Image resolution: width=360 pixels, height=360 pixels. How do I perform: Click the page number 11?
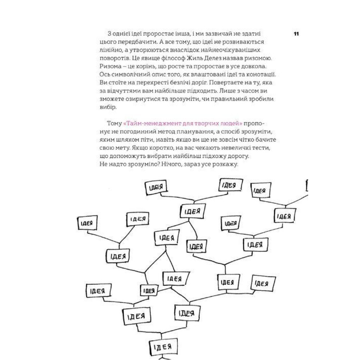(297, 34)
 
